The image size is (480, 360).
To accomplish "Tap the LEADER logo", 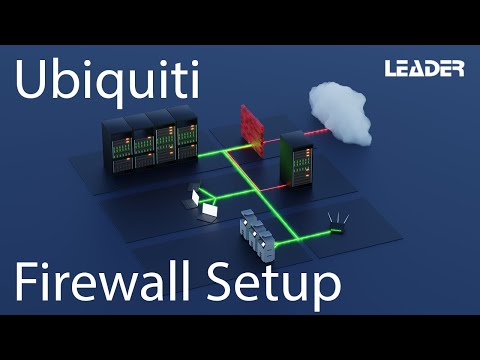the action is [424, 69].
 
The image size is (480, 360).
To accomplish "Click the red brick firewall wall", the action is [250, 127].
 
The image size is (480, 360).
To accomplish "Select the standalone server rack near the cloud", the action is [297, 157].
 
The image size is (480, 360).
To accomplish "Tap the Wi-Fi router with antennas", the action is [337, 227].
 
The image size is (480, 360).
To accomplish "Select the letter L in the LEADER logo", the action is [391, 69].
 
